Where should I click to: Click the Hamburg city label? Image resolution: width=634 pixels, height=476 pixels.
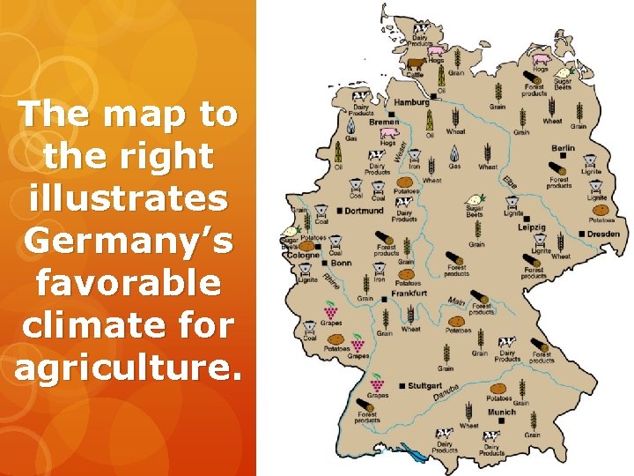(x=412, y=102)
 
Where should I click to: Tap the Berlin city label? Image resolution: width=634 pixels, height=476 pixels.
(x=563, y=148)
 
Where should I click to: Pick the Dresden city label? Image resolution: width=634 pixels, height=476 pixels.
(x=605, y=234)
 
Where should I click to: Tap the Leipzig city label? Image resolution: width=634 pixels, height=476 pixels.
(x=532, y=227)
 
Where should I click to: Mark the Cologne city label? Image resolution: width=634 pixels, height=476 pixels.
(x=303, y=255)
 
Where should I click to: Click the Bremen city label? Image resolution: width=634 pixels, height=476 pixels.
(x=384, y=123)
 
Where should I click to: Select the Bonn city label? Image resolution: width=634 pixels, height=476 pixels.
(x=341, y=263)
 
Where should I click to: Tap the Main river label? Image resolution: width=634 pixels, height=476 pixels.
(x=456, y=301)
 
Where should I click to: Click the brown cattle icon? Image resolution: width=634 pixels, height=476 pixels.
(x=415, y=63)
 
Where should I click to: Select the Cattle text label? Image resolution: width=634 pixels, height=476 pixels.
(x=415, y=75)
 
